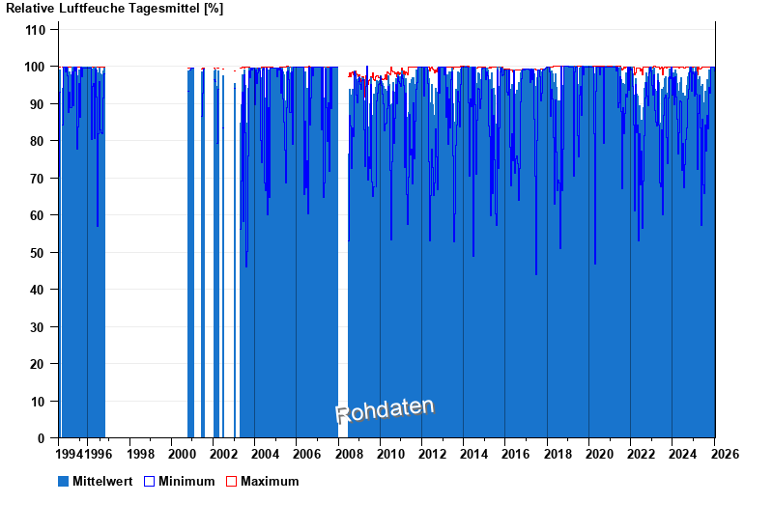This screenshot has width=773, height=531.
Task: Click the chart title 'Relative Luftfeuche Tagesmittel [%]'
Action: click(115, 9)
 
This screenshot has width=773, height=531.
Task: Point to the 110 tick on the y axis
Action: click(36, 30)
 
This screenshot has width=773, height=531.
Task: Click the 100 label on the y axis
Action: click(36, 67)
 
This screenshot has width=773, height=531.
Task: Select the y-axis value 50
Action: click(39, 253)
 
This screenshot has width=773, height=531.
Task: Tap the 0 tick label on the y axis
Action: click(43, 438)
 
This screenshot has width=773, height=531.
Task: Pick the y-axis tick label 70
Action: click(39, 179)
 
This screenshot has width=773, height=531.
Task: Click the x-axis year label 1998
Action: click(140, 454)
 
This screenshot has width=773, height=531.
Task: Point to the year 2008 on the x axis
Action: click(349, 454)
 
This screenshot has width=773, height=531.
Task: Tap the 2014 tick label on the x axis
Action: click(474, 454)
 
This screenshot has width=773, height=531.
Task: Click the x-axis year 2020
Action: click(599, 454)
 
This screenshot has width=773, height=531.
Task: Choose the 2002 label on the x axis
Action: click(223, 454)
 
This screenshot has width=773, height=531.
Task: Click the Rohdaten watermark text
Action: click(385, 410)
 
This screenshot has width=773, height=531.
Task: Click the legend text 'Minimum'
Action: click(186, 481)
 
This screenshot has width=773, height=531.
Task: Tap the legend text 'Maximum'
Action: click(270, 481)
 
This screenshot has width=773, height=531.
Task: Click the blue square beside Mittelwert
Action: click(64, 481)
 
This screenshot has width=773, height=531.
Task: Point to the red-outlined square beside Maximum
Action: click(231, 481)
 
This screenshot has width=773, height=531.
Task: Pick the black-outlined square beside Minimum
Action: click(149, 481)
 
